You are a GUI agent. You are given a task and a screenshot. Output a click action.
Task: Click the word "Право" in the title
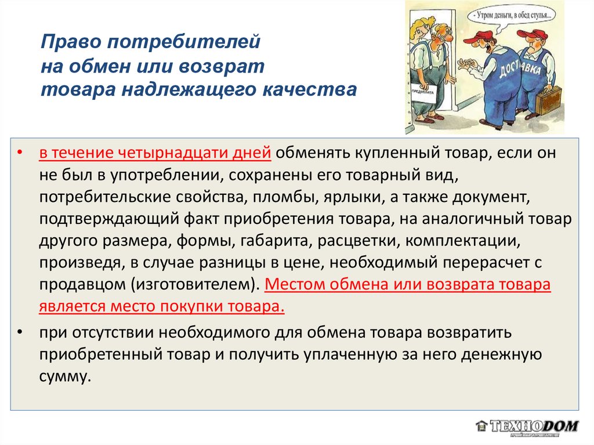point(70,42)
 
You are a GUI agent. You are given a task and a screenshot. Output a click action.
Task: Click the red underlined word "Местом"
point(294,284)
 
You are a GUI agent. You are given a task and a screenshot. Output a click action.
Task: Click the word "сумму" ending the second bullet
point(65,377)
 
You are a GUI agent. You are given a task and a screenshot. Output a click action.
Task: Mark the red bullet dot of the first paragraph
point(20,153)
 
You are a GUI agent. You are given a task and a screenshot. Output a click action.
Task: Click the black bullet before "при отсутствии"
point(20,332)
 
